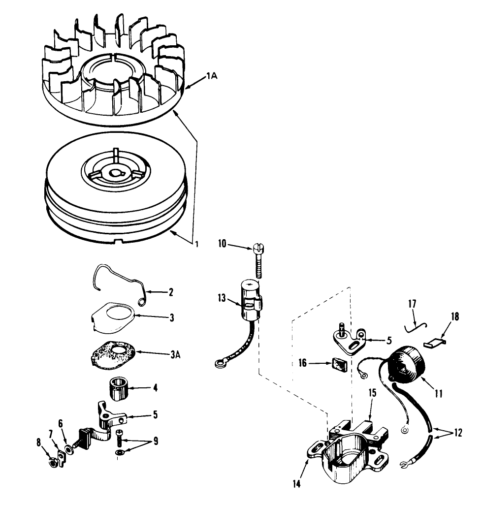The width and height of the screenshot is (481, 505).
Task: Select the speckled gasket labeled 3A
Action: (114, 353)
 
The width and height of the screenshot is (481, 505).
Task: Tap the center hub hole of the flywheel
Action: (116, 173)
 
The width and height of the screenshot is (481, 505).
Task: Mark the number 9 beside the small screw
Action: (156, 441)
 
